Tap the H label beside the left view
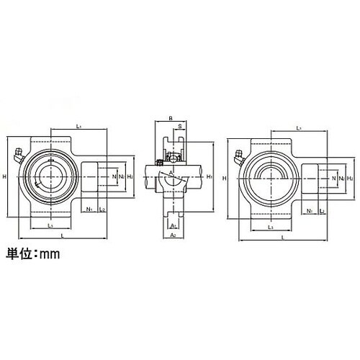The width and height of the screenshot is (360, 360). [5, 177]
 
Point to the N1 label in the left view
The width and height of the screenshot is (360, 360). [89, 210]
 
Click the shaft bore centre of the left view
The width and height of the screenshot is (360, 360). [49, 176]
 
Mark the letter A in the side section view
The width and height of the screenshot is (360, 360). [171, 174]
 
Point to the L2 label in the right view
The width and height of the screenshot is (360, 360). [321, 210]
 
